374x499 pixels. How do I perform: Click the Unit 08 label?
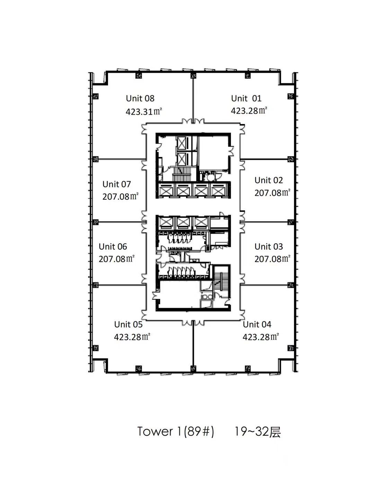point(140,98)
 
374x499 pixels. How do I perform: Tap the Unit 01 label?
point(246,98)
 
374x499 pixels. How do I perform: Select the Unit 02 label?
point(269,180)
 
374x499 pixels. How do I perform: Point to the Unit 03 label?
point(269,247)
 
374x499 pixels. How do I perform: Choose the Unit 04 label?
point(257,324)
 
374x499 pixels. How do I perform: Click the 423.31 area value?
point(144,112)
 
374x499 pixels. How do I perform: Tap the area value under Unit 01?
point(249,111)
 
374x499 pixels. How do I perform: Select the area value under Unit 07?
point(121,196)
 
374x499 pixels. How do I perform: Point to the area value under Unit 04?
point(261,337)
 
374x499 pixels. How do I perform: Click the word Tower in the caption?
point(155,431)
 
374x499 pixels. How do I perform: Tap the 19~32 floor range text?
point(251,431)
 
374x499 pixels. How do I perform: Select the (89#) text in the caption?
point(199,431)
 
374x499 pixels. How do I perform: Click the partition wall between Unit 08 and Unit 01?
point(193,98)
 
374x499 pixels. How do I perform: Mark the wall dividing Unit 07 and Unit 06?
point(119,222)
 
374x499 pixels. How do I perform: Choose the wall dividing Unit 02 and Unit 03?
point(267,222)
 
